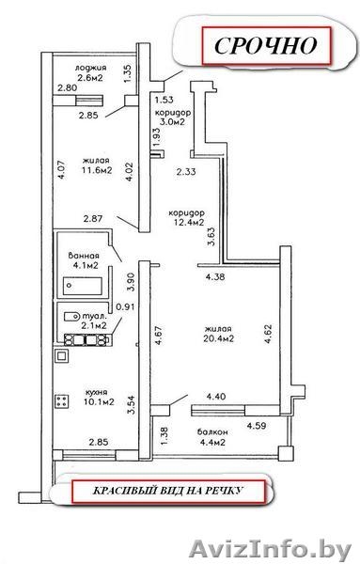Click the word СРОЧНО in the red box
pos(265,45)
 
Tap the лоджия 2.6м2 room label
pos(90,72)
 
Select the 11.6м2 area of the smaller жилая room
pos(97,170)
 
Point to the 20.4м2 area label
pos(219,338)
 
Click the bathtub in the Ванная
pos(83,286)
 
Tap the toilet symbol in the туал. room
pos(71,317)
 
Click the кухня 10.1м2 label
pos(99,397)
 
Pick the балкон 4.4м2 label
pos(212,437)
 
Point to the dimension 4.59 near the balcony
pos(256,426)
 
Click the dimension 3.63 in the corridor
pos(211,236)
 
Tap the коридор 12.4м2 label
pos(187,218)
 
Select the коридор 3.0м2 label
pos(173,117)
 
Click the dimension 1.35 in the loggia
pos(128,73)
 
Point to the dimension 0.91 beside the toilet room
pos(125,306)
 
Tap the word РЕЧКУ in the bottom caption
pos(225,491)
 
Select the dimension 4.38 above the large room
pos(215,276)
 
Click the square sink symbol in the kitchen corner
pos(61,356)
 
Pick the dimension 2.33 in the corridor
pos(186,172)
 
